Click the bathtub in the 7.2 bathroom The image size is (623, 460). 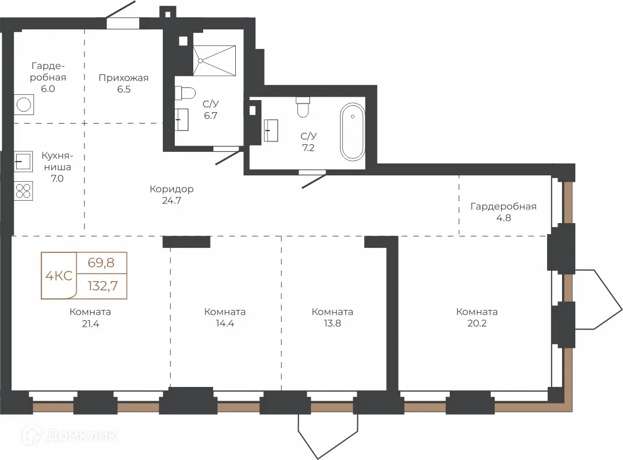click(353, 132)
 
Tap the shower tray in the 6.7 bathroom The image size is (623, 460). click(214, 60)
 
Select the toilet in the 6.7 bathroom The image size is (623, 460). click(185, 93)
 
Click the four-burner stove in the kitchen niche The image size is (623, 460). click(24, 191)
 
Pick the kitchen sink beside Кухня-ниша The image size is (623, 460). click(23, 161)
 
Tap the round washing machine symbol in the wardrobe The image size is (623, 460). click(24, 105)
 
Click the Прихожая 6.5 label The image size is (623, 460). click(124, 83)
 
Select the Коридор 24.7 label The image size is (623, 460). click(171, 195)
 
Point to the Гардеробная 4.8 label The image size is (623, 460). click(503, 212)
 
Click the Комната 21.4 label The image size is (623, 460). click(90, 318)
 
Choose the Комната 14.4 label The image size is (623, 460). click(225, 317)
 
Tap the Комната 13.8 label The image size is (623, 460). click(332, 317)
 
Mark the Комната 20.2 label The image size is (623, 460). click(477, 317)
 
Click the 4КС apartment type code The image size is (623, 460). click(59, 275)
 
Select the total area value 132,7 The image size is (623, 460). click(103, 286)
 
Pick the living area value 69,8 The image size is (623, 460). click(101, 263)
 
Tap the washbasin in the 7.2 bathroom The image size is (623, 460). click(271, 130)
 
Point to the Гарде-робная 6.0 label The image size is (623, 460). click(48, 78)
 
